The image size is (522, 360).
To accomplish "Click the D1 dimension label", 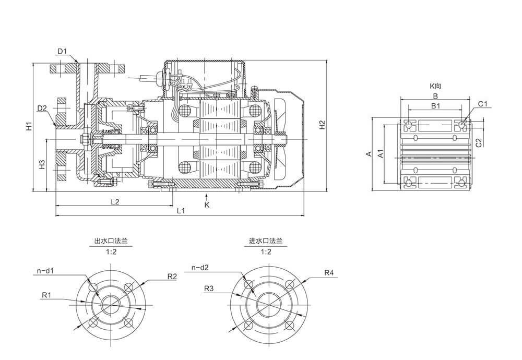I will pyautogui.click(x=62, y=51).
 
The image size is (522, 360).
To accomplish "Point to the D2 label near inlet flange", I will pyautogui.click(x=42, y=108).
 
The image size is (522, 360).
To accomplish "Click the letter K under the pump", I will pyautogui.click(x=207, y=205).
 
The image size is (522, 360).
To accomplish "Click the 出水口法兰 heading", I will pyautogui.click(x=111, y=242).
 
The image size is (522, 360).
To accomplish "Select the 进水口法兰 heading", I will pyautogui.click(x=266, y=242).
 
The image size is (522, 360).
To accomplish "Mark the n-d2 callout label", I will pyautogui.click(x=201, y=268).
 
